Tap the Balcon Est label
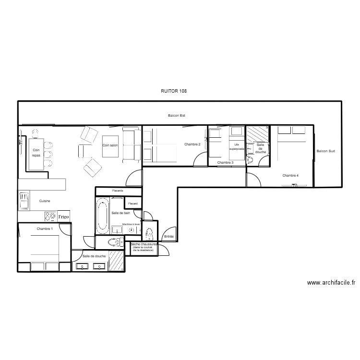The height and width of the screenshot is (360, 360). click(176, 116)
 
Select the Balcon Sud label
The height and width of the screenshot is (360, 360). click(325, 151)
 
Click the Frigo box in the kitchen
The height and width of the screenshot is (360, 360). click(63, 216)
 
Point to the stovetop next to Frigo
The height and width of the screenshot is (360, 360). click(50, 216)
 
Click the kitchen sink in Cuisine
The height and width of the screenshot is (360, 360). click(23, 201)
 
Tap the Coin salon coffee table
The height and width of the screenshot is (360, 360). click(110, 144)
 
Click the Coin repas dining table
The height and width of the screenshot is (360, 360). click(36, 154)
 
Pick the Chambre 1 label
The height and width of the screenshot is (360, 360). click(45, 229)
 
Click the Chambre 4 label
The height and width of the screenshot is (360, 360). click(290, 176)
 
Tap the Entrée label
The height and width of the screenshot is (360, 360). click(169, 236)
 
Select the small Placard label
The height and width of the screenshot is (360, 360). click(133, 204)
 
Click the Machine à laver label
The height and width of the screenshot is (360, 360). click(131, 224)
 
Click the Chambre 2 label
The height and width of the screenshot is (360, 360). click(192, 144)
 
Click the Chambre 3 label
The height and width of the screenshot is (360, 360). click(226, 163)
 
